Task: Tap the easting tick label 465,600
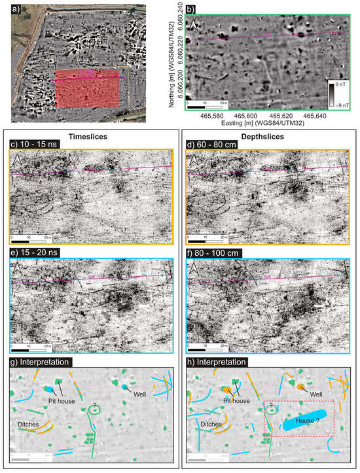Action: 254,115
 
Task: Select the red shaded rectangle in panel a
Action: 87,88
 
